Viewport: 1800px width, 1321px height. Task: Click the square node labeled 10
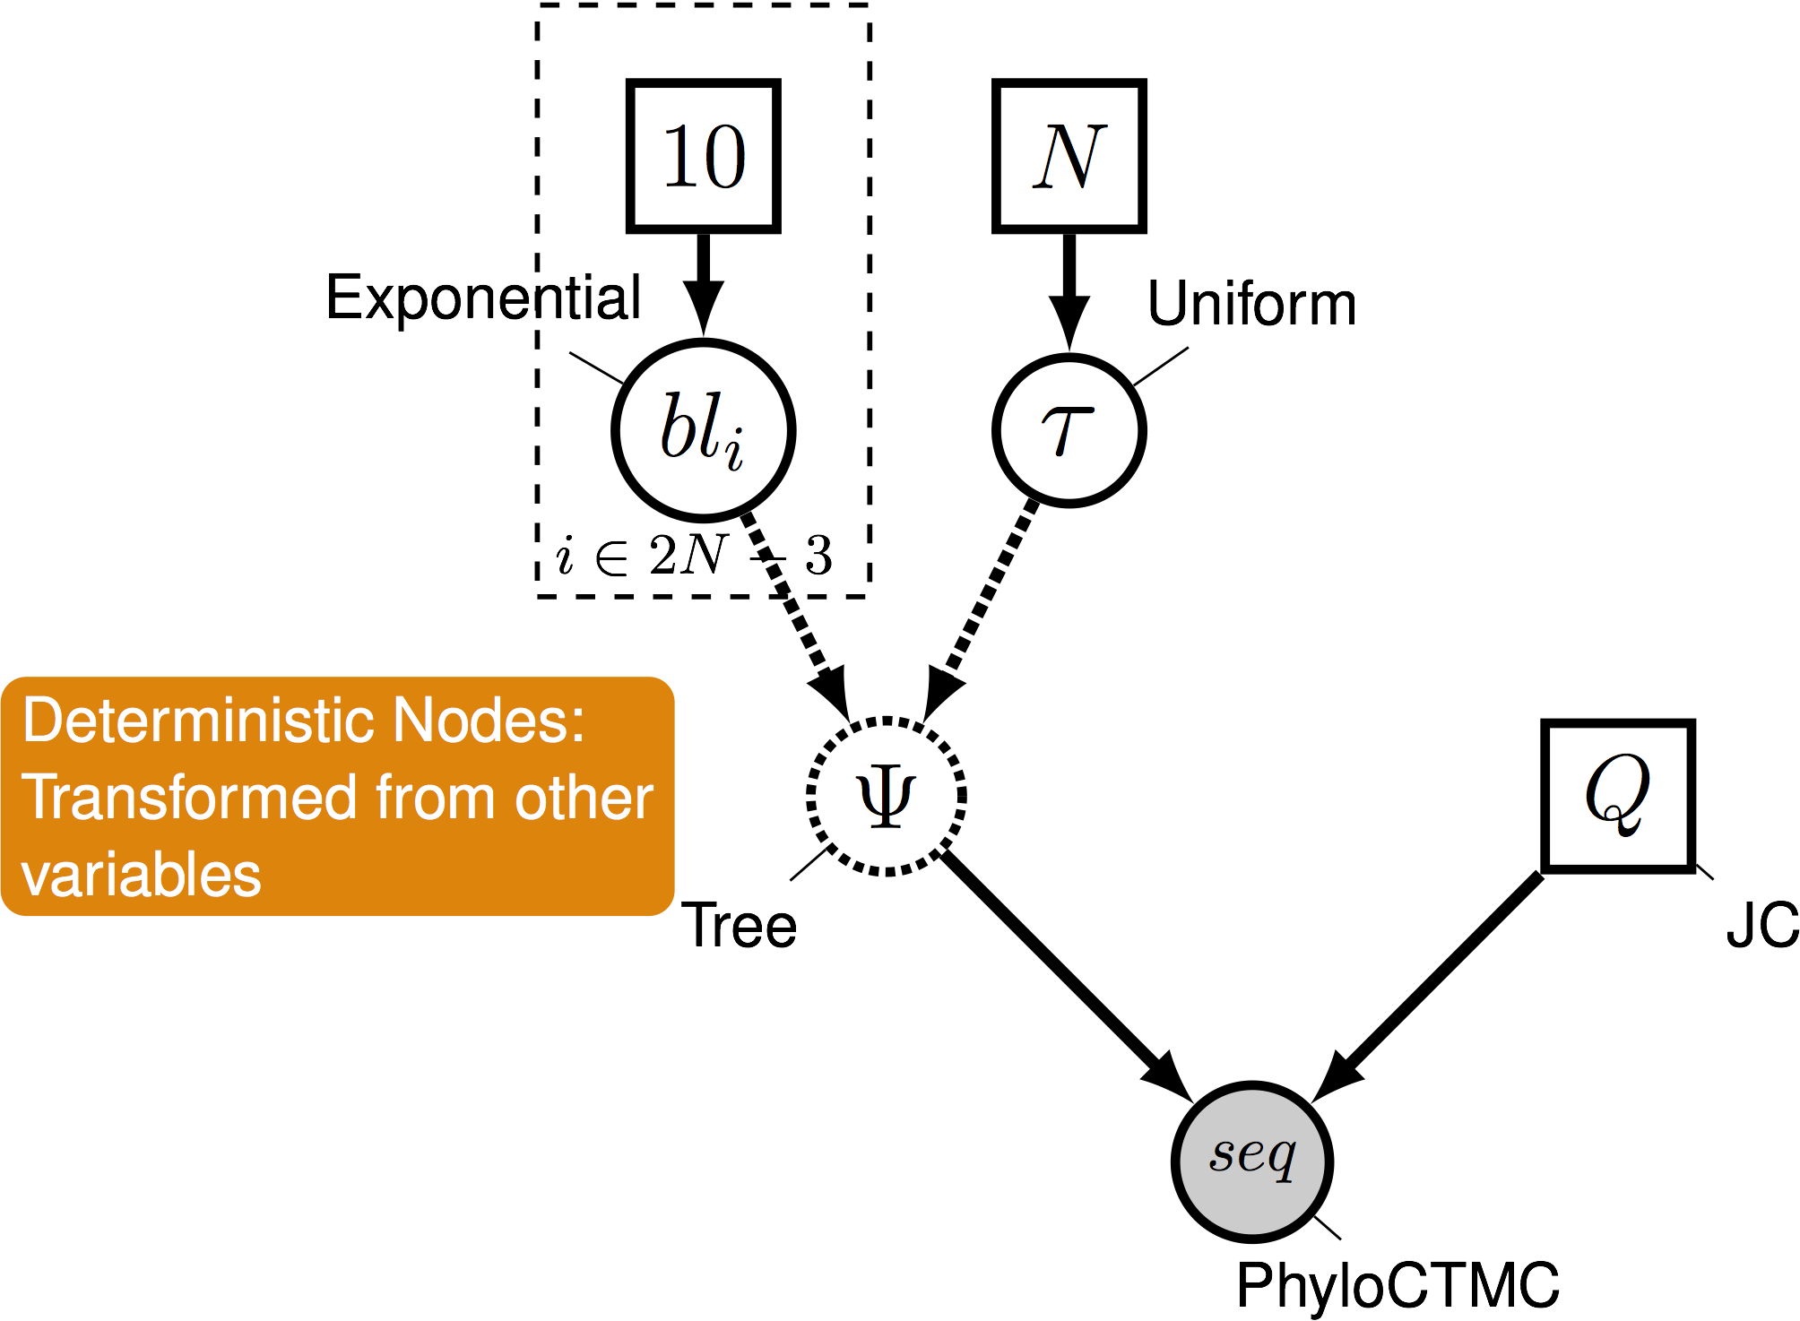(x=703, y=156)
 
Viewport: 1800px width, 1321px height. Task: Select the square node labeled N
(x=1069, y=156)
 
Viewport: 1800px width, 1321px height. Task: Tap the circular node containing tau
(x=1069, y=430)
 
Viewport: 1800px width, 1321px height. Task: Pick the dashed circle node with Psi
(x=886, y=796)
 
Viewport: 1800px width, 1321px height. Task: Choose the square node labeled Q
(x=1617, y=796)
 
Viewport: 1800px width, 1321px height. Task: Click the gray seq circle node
(x=1251, y=1161)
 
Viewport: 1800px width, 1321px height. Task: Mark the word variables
(x=141, y=875)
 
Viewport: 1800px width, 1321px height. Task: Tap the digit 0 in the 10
(x=724, y=157)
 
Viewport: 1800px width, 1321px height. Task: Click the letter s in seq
(x=1222, y=1154)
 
